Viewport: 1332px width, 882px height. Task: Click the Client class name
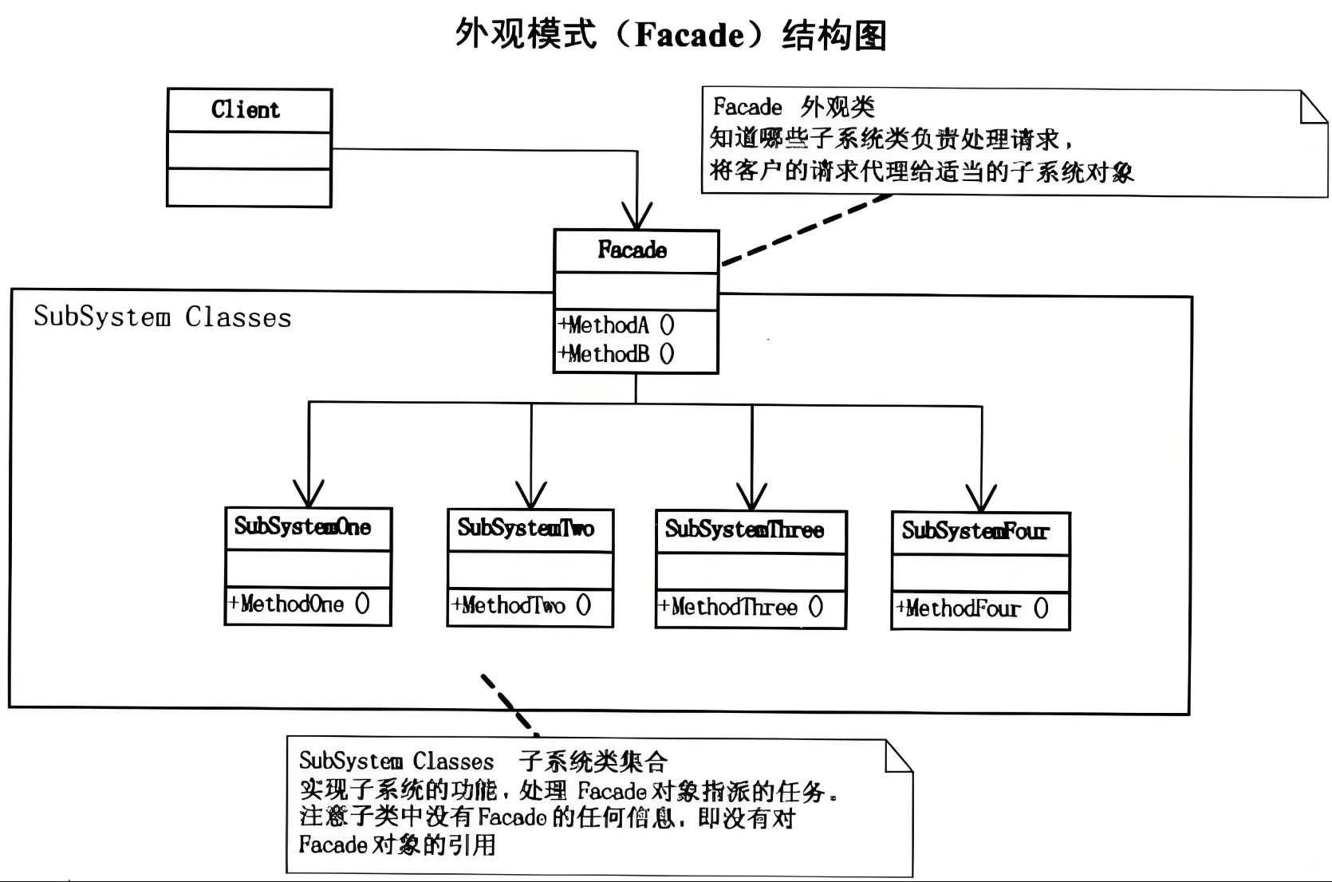(x=246, y=110)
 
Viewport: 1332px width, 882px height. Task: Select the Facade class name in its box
(x=633, y=250)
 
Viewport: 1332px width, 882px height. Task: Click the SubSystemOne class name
(x=303, y=527)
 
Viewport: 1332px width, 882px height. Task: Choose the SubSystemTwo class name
(x=526, y=528)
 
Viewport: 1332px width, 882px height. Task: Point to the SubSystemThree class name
(x=745, y=530)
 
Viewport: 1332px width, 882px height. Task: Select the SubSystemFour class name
(x=975, y=531)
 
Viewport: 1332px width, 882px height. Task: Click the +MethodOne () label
(x=300, y=604)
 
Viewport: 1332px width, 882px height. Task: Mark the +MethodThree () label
(x=740, y=607)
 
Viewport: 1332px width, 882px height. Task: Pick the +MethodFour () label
(x=972, y=608)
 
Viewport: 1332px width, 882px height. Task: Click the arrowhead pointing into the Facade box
(x=637, y=217)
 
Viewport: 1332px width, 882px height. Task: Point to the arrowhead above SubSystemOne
(x=309, y=494)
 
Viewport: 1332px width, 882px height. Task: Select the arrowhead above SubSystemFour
(x=982, y=499)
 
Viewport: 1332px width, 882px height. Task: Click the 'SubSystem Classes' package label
(x=163, y=317)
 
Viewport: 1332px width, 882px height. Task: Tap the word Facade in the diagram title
(x=689, y=36)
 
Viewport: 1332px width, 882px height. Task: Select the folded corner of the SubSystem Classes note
(x=899, y=755)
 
